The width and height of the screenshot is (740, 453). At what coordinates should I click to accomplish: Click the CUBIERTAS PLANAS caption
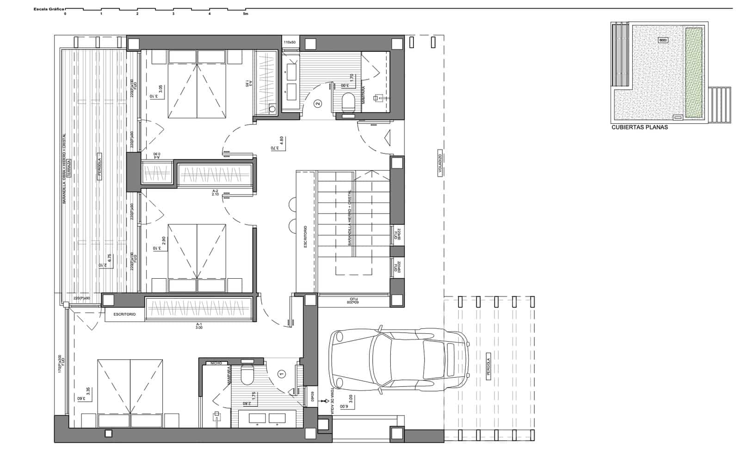coord(640,127)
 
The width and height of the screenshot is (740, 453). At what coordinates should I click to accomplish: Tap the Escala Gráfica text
coord(49,9)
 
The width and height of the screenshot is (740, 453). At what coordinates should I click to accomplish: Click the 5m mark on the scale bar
coord(246,14)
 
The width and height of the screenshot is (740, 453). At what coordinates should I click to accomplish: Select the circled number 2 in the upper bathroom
coord(317,104)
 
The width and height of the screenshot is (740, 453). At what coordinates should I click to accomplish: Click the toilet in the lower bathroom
coord(247,375)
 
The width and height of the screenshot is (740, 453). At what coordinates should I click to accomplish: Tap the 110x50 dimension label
coord(290,43)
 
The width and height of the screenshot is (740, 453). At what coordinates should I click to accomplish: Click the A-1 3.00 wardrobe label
coord(199,326)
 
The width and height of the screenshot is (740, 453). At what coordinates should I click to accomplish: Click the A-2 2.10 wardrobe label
coord(215,192)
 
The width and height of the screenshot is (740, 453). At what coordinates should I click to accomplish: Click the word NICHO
coord(216,363)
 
